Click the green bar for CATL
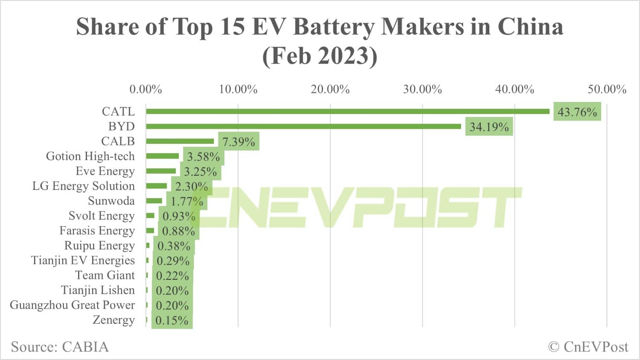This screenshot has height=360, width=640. (x=348, y=111)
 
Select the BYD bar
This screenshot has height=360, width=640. (x=303, y=126)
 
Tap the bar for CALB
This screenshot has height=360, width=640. (x=180, y=141)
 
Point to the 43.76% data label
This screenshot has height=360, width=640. (x=577, y=112)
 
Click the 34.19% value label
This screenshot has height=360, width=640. (x=489, y=127)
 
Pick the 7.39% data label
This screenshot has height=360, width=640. (x=239, y=142)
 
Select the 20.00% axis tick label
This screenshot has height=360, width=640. (x=330, y=89)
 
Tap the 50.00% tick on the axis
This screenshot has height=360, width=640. (x=607, y=89)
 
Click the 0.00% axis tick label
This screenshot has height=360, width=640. (x=145, y=89)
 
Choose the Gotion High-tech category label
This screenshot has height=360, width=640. (x=90, y=156)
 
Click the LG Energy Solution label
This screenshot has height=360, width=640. (x=83, y=186)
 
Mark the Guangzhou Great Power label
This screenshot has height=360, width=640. (x=72, y=305)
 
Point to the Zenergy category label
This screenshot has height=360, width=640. (x=113, y=320)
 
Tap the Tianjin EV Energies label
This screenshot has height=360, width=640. (x=83, y=260)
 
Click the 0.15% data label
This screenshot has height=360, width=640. (x=172, y=320)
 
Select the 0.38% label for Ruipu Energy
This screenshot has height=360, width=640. (x=174, y=246)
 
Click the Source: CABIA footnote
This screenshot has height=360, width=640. (x=60, y=347)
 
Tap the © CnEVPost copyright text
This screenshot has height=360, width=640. (x=588, y=347)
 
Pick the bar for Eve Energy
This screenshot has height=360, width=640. (x=161, y=171)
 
